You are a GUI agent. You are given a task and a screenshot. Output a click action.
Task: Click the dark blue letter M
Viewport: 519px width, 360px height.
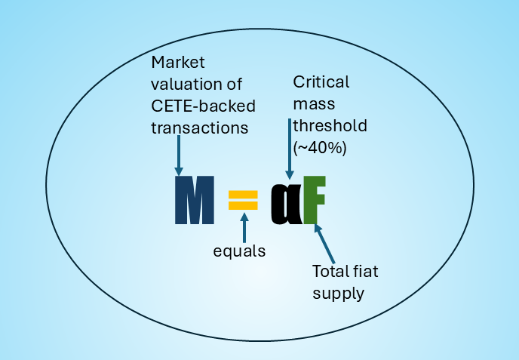pos(194,201)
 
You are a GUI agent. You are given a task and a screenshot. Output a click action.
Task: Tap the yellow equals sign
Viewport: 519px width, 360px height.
pos(243,200)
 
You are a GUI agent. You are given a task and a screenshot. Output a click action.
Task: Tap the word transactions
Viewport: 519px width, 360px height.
pos(200,128)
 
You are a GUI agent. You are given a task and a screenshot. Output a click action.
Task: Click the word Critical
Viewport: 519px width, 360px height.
pos(321,82)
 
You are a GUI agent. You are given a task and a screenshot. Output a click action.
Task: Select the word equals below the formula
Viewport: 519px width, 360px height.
pos(240,251)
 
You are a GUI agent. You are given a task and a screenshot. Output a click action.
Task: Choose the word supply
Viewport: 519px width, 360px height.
pos(338,293)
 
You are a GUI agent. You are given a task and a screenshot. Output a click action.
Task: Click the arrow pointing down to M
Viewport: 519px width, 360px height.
pos(178,155)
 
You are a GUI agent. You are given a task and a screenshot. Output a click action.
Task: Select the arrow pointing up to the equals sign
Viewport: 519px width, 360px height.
pos(244,227)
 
